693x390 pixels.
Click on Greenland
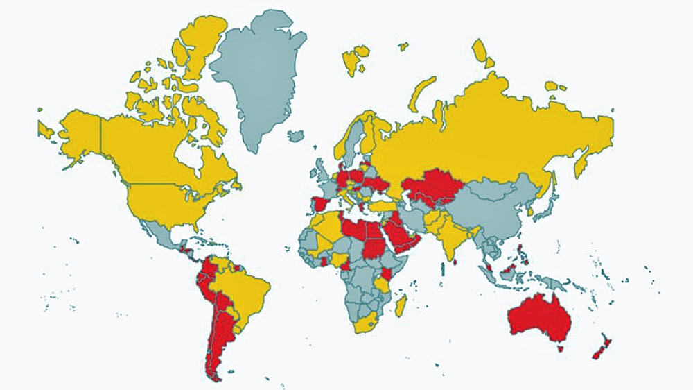click(x=256, y=76)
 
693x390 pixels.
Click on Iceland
click(x=296, y=136)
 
